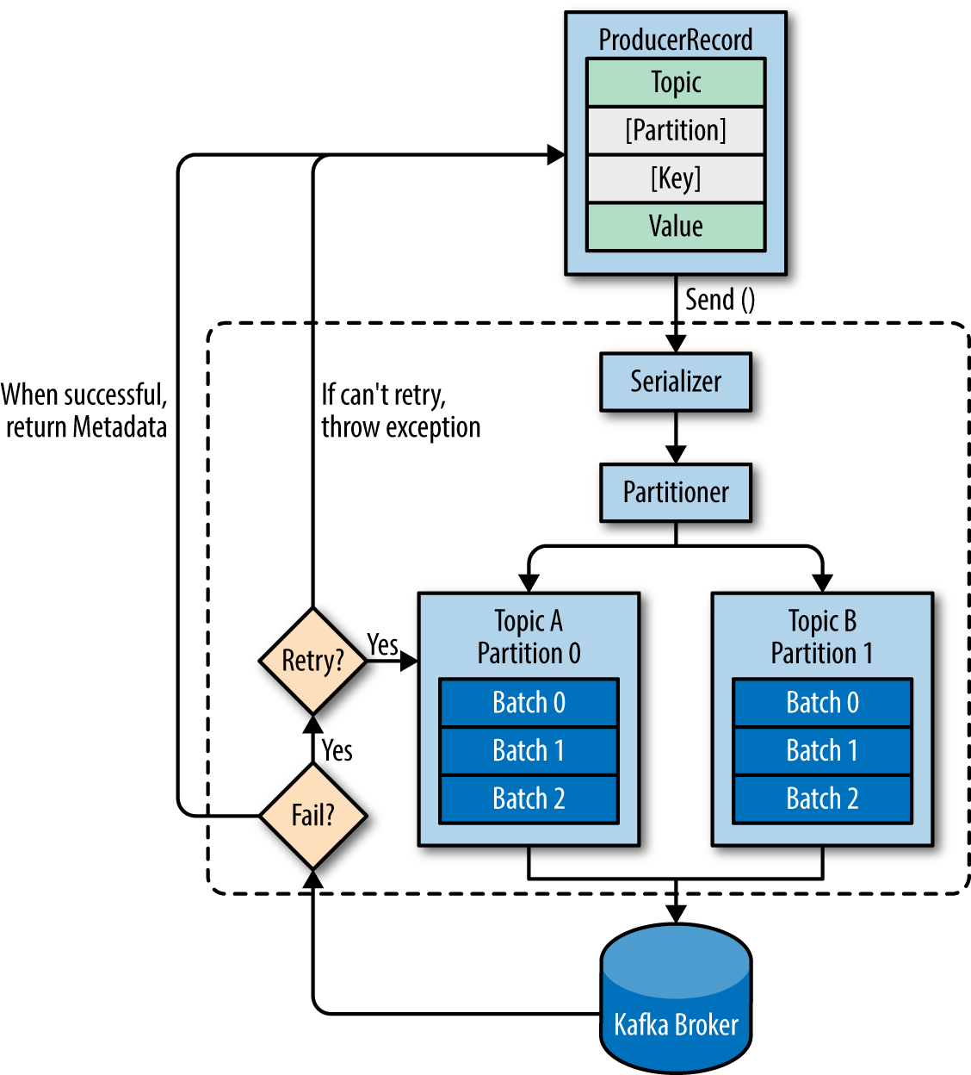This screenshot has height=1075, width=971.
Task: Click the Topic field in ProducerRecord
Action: click(x=676, y=83)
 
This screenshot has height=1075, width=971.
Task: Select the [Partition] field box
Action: click(x=676, y=131)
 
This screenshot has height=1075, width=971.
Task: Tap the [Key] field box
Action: click(x=676, y=179)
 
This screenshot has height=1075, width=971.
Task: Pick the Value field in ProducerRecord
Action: click(x=676, y=227)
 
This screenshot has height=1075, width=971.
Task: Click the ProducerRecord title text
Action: click(x=676, y=40)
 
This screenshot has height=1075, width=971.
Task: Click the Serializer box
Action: click(x=676, y=382)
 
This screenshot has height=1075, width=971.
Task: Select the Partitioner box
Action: click(x=676, y=493)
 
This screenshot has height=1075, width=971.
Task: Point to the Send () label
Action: click(x=720, y=300)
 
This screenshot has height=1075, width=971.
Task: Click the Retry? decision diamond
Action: click(x=313, y=661)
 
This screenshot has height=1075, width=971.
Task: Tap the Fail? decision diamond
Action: click(x=313, y=815)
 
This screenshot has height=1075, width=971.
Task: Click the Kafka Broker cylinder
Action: click(x=676, y=999)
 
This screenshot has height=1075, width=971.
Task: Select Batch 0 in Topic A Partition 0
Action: click(x=529, y=703)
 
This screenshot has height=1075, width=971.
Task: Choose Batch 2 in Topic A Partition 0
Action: click(x=529, y=799)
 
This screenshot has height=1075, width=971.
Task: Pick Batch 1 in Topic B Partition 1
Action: click(x=822, y=751)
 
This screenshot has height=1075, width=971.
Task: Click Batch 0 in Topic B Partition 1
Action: click(x=822, y=703)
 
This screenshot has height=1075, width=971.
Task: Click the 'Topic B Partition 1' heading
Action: click(x=822, y=637)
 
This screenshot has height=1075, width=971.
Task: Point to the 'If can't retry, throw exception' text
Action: click(x=400, y=411)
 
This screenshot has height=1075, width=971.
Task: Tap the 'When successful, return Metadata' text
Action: click(x=84, y=411)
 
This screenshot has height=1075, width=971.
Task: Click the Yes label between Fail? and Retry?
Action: click(x=337, y=750)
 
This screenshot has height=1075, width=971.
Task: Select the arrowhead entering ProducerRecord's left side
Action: click(x=556, y=155)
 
